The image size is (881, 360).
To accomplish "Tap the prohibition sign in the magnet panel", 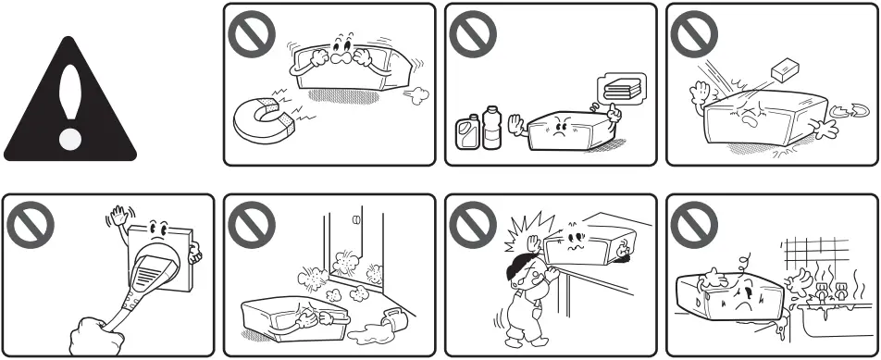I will [247, 34].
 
